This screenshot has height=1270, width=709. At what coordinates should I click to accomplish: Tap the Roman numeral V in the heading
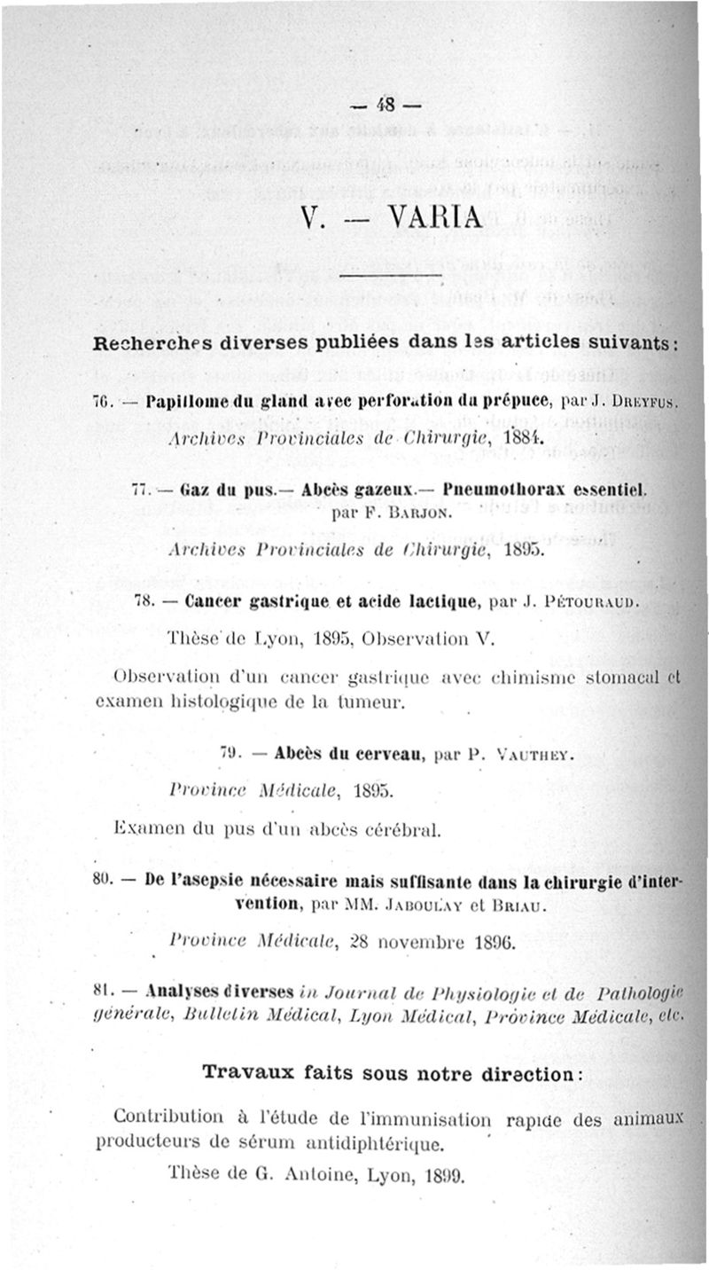pyautogui.click(x=310, y=217)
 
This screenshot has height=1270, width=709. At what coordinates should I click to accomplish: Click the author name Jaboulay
pyautogui.click(x=419, y=906)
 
